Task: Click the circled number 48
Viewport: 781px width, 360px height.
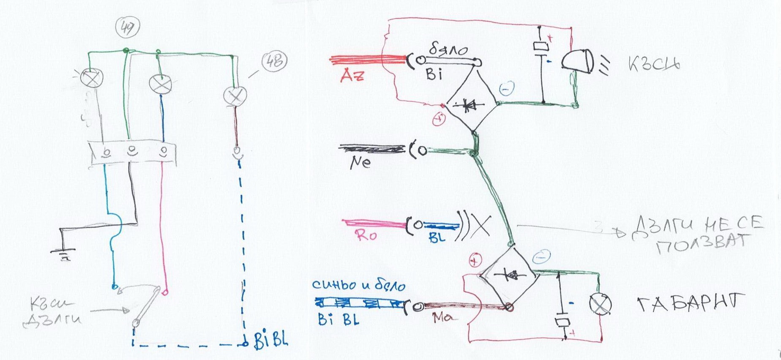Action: click(274, 62)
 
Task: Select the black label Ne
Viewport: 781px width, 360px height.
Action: click(360, 162)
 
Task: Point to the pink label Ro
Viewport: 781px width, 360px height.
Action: click(366, 235)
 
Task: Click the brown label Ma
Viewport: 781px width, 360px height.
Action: click(442, 317)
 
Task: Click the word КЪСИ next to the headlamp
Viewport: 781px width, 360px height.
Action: click(654, 65)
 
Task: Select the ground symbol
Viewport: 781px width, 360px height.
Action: click(63, 254)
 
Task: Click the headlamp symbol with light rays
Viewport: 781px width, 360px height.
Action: click(578, 62)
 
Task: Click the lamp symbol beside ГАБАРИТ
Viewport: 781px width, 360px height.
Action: click(600, 304)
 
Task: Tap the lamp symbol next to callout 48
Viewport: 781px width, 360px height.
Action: click(235, 95)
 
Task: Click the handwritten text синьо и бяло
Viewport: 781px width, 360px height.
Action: click(358, 285)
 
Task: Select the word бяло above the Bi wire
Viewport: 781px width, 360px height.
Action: click(448, 50)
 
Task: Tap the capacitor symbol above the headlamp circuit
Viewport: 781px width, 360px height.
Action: click(541, 46)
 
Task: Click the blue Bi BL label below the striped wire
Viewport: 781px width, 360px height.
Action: click(338, 319)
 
